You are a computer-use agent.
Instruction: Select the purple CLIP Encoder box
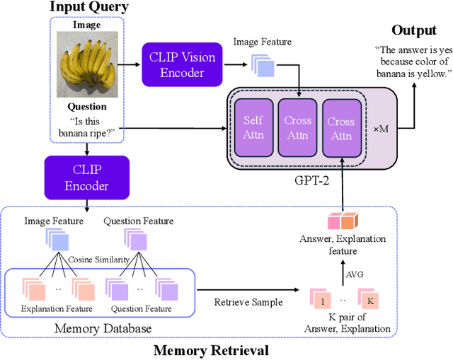pyautogui.click(x=86, y=178)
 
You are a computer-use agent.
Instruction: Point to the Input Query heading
pyautogui.click(x=89, y=7)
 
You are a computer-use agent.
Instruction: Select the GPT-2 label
pyautogui.click(x=311, y=178)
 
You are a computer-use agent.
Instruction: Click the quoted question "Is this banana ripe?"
pyautogui.click(x=88, y=127)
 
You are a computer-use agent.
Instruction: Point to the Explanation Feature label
pyautogui.click(x=53, y=309)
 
